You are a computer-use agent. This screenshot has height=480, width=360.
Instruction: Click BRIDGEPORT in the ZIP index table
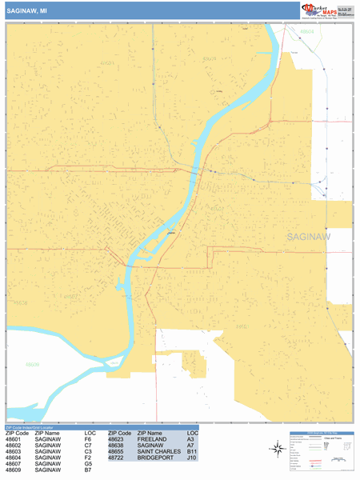[158, 458]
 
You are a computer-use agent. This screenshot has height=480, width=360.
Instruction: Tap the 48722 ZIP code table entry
[118, 458]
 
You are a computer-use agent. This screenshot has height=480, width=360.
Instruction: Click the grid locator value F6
[89, 439]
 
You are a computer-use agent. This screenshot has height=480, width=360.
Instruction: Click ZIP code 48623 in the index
[118, 439]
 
